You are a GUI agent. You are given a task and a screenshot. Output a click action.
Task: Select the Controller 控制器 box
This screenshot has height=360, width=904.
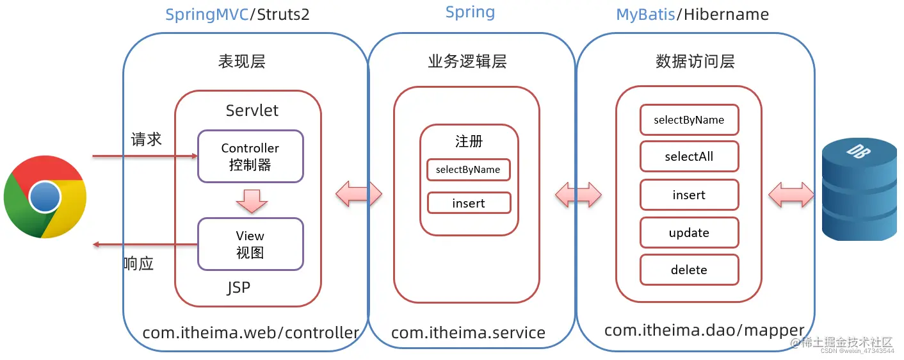[x=250, y=156]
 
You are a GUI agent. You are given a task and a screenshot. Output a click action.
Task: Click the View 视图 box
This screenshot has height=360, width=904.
[x=250, y=244]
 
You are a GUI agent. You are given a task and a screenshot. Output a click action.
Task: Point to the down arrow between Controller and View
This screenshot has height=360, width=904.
[x=251, y=200]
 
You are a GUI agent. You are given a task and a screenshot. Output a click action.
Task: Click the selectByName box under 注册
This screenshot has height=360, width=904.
[x=469, y=170]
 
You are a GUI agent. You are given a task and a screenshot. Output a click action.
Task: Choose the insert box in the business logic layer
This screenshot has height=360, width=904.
[x=469, y=203]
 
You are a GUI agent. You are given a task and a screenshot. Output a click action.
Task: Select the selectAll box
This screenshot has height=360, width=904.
[x=689, y=157]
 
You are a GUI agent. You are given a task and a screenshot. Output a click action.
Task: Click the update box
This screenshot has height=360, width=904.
[x=689, y=233]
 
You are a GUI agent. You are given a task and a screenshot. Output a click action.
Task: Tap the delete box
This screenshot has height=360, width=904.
[x=689, y=270]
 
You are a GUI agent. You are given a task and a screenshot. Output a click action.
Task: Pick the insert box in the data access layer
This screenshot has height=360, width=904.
[x=689, y=195]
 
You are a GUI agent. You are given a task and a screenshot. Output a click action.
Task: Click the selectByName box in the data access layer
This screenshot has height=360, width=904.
[x=689, y=120]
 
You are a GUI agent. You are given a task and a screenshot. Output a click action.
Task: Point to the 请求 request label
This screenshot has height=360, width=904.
[x=147, y=139]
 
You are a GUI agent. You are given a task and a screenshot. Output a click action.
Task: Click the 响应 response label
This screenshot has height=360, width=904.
[x=138, y=263]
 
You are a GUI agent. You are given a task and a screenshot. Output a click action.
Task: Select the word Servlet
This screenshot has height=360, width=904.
[x=252, y=110]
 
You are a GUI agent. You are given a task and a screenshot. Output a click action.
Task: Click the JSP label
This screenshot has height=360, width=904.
[x=238, y=288]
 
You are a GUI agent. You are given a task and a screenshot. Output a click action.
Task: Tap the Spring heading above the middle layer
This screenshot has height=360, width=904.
[x=470, y=12]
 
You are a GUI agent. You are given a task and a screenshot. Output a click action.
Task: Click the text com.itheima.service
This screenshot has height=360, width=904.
[x=468, y=333]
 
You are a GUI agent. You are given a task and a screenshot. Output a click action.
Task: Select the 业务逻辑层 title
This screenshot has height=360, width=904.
[x=467, y=61]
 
